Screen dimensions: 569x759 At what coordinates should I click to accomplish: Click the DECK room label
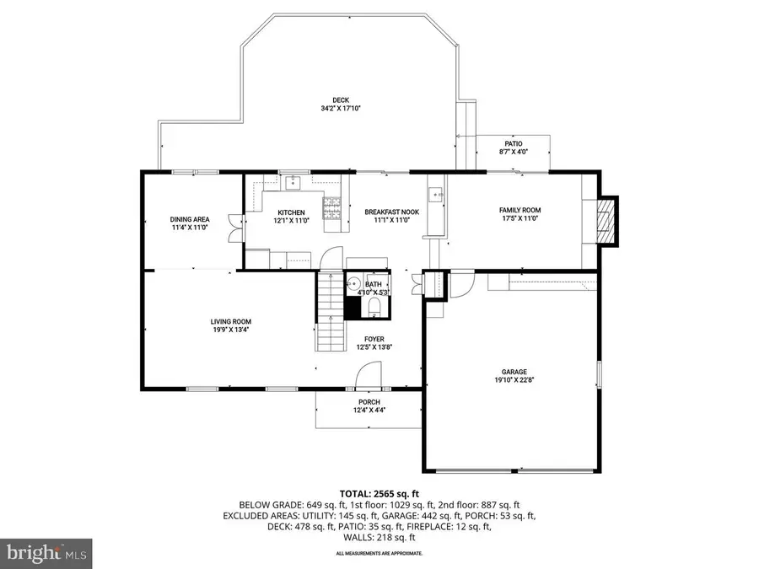tap(334, 99)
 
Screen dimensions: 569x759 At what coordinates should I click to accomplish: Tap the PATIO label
tap(514, 144)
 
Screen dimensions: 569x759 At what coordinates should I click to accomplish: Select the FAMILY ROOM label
tap(519, 210)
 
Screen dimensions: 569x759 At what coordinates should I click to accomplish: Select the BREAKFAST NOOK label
tap(386, 212)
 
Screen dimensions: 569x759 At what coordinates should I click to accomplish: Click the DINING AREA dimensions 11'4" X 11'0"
tap(190, 228)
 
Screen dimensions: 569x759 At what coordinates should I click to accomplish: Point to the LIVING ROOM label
tap(230, 321)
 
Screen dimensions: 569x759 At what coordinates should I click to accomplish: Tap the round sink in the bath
tap(355, 285)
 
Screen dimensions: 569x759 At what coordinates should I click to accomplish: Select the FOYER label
tap(374, 339)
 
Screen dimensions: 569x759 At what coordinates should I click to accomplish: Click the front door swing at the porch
tap(369, 376)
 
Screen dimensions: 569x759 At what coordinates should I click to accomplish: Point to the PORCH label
tap(369, 402)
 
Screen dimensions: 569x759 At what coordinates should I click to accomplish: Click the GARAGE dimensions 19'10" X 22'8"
tap(509, 380)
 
